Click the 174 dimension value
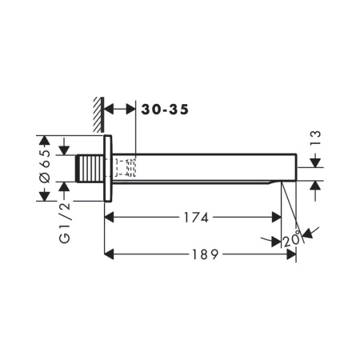194,217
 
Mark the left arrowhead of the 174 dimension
111,217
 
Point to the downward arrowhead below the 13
314,162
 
